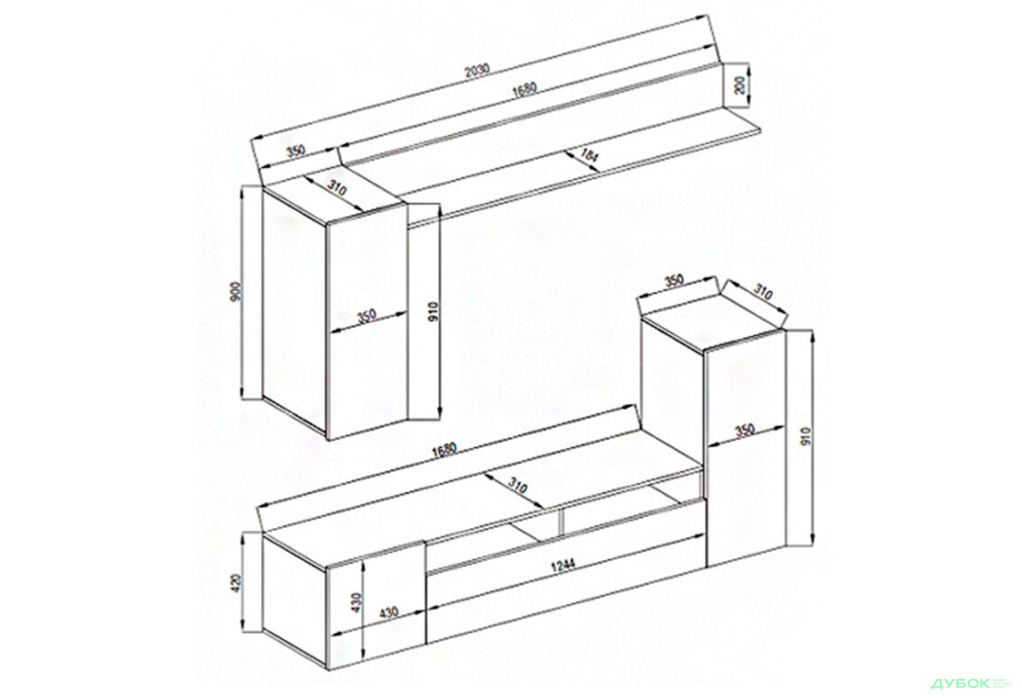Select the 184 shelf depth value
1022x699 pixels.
click(590, 157)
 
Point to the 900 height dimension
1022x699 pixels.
click(235, 291)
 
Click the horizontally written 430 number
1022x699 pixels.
click(388, 613)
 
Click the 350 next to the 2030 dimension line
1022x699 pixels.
click(295, 151)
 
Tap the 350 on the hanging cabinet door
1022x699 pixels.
click(365, 316)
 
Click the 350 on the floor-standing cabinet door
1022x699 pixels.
click(743, 430)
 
